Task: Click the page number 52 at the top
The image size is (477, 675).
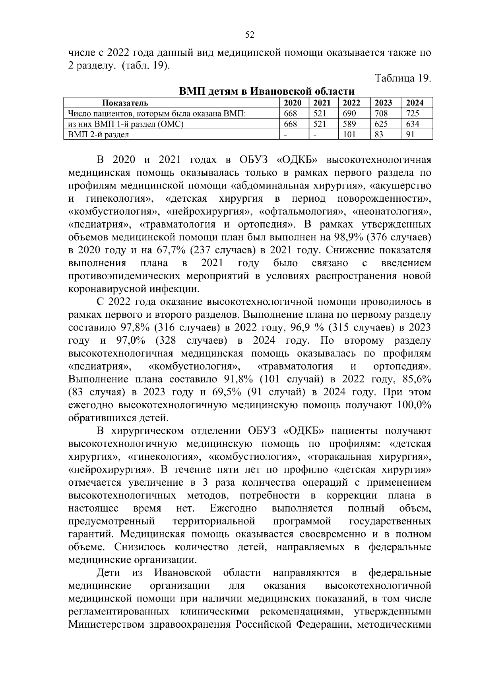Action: (250, 35)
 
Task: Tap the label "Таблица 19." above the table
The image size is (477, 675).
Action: (403, 78)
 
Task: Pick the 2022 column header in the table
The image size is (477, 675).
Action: (352, 103)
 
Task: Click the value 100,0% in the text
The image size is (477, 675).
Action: (414, 405)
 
